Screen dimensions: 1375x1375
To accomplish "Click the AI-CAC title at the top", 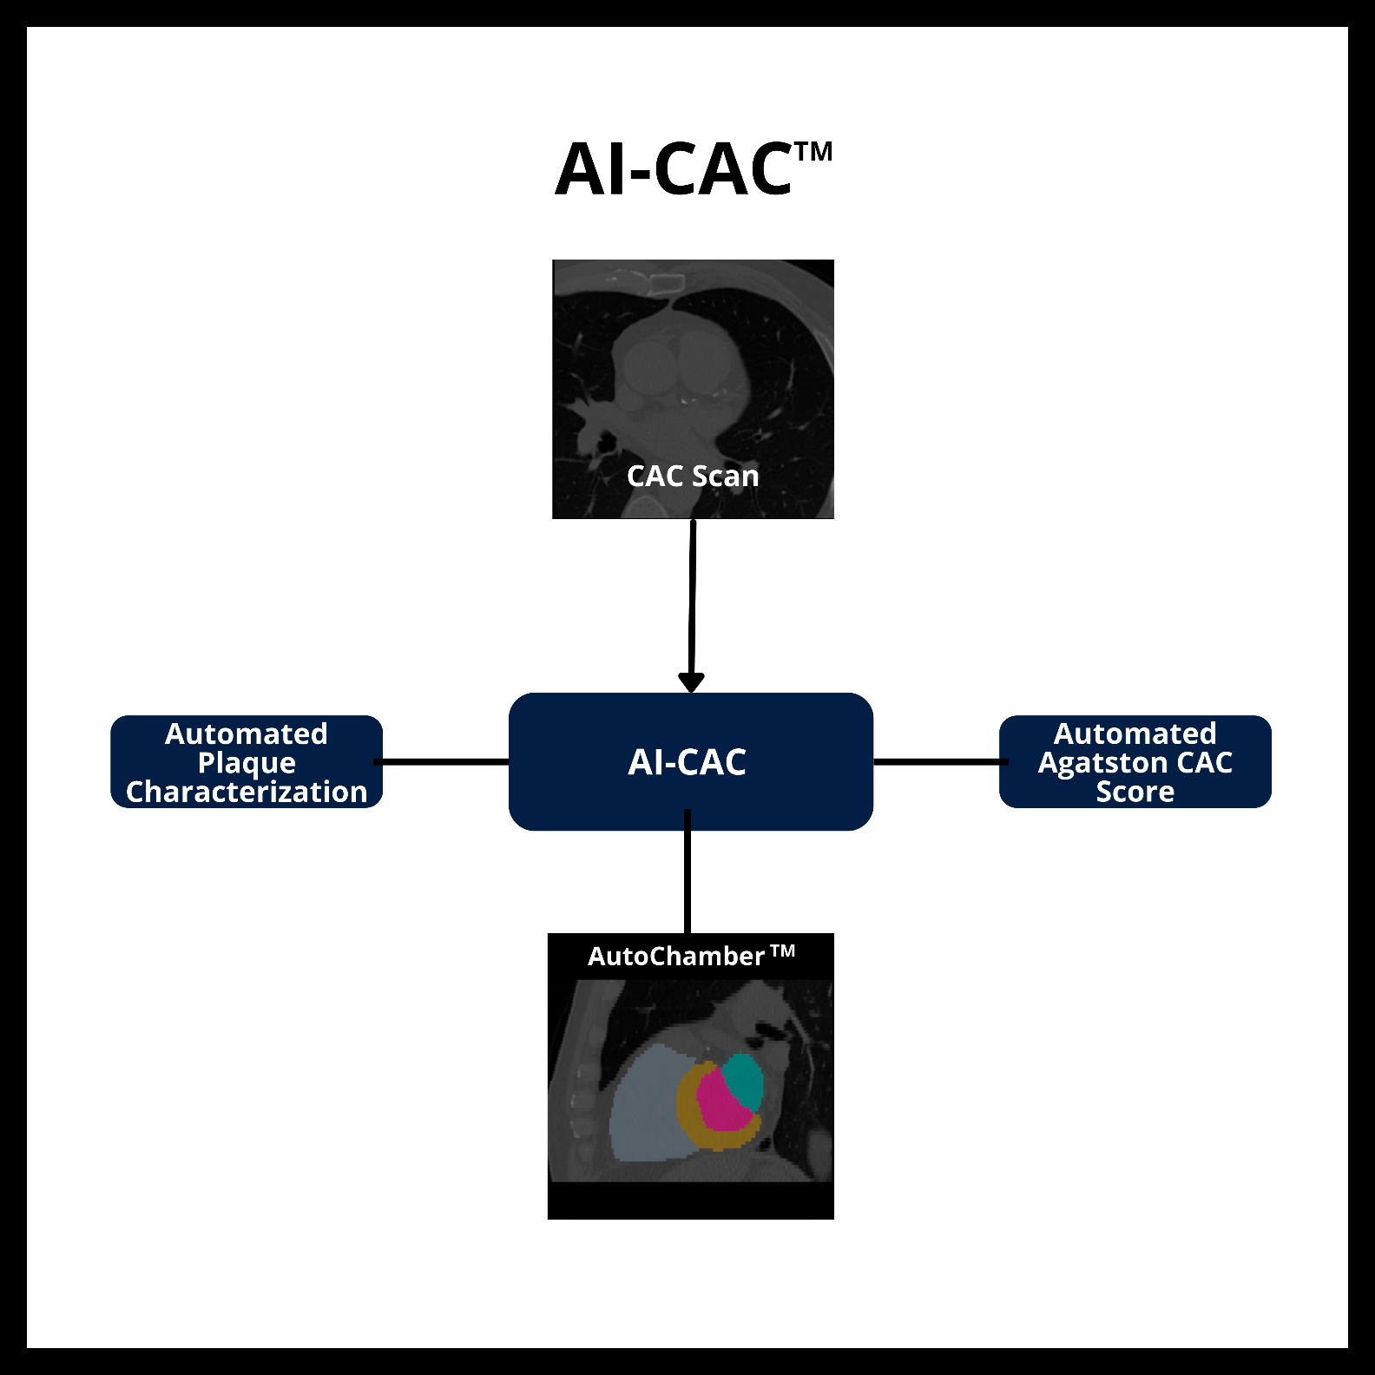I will point(674,170).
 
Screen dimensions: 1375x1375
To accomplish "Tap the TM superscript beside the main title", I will point(813,153).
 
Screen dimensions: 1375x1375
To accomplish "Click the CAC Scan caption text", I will point(693,476).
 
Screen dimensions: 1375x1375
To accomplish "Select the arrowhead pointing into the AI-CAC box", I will point(691,682).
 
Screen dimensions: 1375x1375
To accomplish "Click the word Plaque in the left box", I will point(247,763).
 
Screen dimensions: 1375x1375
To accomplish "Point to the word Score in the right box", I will point(1135,792).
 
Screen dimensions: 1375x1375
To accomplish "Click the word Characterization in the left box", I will point(247,792).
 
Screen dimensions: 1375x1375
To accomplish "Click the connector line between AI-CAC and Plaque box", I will point(444,762).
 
